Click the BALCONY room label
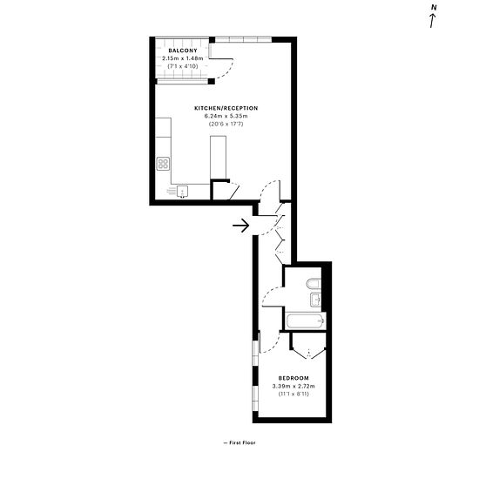[x=183, y=51]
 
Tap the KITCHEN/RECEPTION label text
[x=226, y=108]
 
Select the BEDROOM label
[x=293, y=378]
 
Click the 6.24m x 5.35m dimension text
[x=226, y=116]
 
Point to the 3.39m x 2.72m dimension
[x=293, y=386]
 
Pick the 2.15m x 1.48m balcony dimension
[x=183, y=58]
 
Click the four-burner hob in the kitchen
[x=163, y=164]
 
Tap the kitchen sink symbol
[x=182, y=192]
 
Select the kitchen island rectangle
[x=218, y=158]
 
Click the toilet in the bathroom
[x=314, y=284]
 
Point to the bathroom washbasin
[x=315, y=300]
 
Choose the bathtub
[x=306, y=321]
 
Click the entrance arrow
[x=240, y=226]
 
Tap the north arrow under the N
[x=433, y=21]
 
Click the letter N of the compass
[x=434, y=8]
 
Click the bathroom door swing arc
[x=268, y=293]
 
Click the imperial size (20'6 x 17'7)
[x=226, y=124]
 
